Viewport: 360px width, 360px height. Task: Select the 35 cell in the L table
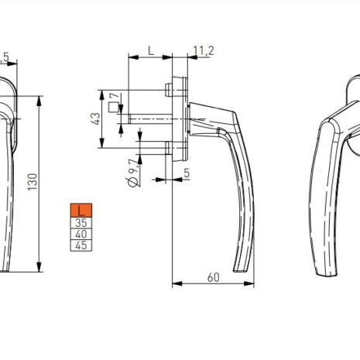click(x=81, y=222)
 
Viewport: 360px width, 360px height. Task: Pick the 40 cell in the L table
click(x=81, y=234)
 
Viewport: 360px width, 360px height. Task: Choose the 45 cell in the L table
click(x=81, y=245)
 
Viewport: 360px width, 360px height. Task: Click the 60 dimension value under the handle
click(x=214, y=276)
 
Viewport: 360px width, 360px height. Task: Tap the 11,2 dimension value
click(x=203, y=51)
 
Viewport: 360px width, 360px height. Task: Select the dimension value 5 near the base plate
click(x=187, y=173)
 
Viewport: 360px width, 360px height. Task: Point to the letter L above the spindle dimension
click(x=150, y=51)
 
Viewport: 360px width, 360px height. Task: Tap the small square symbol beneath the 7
click(x=115, y=108)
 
